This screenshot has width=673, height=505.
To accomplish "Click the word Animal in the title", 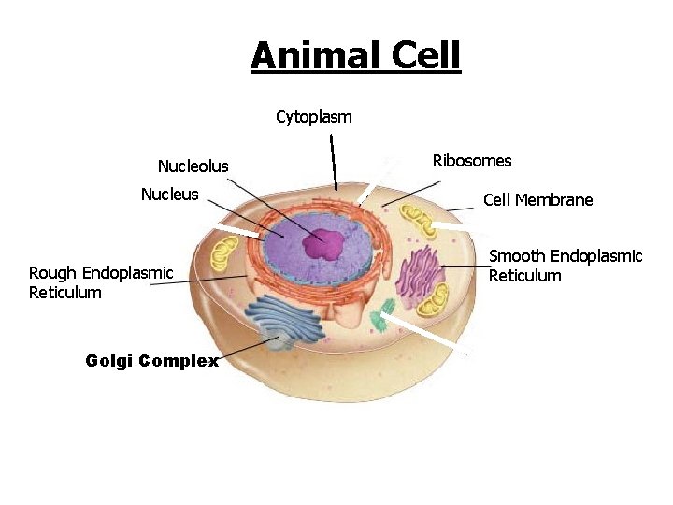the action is [315, 56].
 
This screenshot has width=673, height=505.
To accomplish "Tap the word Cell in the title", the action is [425, 56].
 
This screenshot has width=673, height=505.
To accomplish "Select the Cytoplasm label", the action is [314, 117].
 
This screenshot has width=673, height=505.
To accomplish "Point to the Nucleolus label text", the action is [193, 166].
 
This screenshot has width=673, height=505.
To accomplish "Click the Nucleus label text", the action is [169, 195].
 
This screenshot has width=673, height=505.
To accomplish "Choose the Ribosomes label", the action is [472, 161].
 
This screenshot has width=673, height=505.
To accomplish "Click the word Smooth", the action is [517, 256].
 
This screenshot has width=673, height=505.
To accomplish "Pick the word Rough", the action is [53, 273].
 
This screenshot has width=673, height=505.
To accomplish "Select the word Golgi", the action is [108, 361].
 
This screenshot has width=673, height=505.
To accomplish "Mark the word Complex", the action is [179, 361].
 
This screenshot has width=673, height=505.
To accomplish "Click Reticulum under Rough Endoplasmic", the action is [65, 293].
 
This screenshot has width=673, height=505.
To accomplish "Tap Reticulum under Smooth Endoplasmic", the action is [525, 276].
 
